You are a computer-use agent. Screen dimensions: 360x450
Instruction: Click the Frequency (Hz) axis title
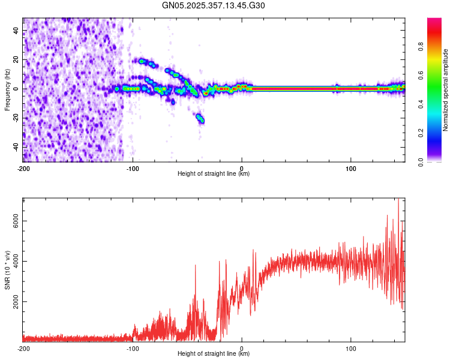[7, 89]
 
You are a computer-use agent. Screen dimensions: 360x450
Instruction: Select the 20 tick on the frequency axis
[16, 59]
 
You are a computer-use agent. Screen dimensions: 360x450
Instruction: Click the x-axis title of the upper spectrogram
[214, 174]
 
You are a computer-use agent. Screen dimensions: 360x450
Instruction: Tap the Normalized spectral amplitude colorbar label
[445, 90]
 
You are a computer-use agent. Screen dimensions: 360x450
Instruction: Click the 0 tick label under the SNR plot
[242, 348]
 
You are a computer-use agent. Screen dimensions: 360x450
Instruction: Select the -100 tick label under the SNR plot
[133, 348]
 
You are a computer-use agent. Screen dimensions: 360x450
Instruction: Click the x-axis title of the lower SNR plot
[214, 353]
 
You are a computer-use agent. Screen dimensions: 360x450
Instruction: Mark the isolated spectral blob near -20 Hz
[200, 118]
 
